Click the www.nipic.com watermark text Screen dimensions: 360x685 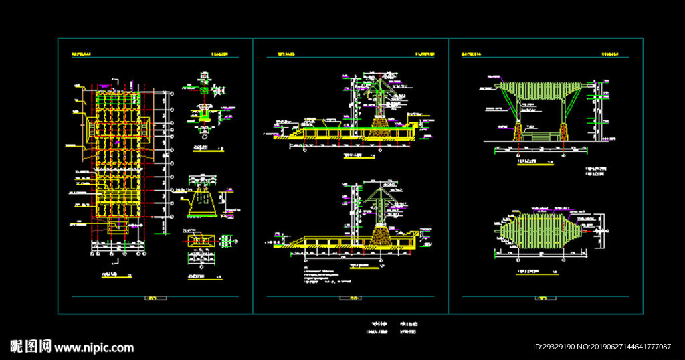pyautogui.click(x=94, y=348)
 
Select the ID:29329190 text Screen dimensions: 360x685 pyautogui.click(x=553, y=347)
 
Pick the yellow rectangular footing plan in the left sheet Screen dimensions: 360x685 pyautogui.click(x=200, y=239)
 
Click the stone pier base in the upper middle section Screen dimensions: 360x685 pyautogui.click(x=381, y=126)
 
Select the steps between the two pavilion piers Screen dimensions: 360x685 pyautogui.click(x=539, y=137)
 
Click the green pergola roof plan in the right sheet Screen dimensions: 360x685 pyautogui.click(x=539, y=231)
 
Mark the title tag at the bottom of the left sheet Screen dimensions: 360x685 pyautogui.click(x=153, y=298)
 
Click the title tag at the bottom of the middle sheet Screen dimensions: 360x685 pyautogui.click(x=349, y=298)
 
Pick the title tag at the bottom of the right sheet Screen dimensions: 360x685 pyautogui.click(x=543, y=298)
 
